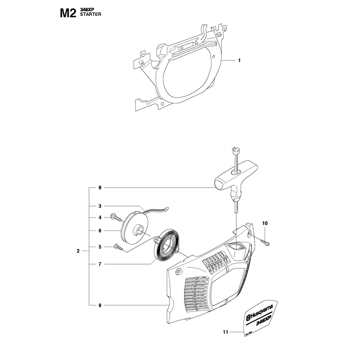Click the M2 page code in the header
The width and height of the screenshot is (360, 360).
coord(68,13)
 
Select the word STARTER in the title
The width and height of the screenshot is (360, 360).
coord(90,14)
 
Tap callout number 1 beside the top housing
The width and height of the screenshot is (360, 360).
coord(239,60)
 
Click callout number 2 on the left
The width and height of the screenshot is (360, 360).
coord(78,251)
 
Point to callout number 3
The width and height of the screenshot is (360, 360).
coord(100,206)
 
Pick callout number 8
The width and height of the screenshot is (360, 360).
coord(100,188)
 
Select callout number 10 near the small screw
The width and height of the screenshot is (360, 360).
coord(265,223)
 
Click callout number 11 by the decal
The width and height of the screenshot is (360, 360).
coord(226,332)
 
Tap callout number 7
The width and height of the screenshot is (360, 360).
coord(100,264)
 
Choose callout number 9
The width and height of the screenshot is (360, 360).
coord(100,306)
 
